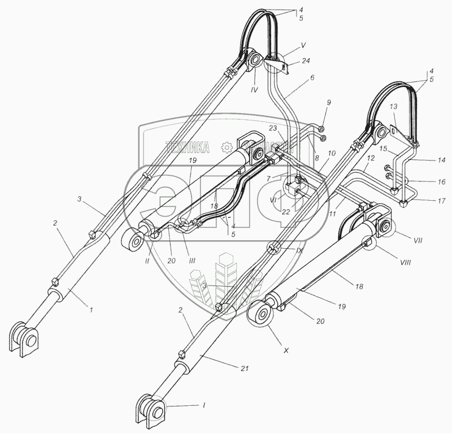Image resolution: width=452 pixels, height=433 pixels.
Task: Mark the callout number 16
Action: coord(441,182)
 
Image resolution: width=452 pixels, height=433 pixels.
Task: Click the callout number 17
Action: coord(441,200)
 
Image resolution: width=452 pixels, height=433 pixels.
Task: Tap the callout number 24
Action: coord(306,60)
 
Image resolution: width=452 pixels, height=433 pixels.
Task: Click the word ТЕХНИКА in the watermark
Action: coord(188,148)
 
